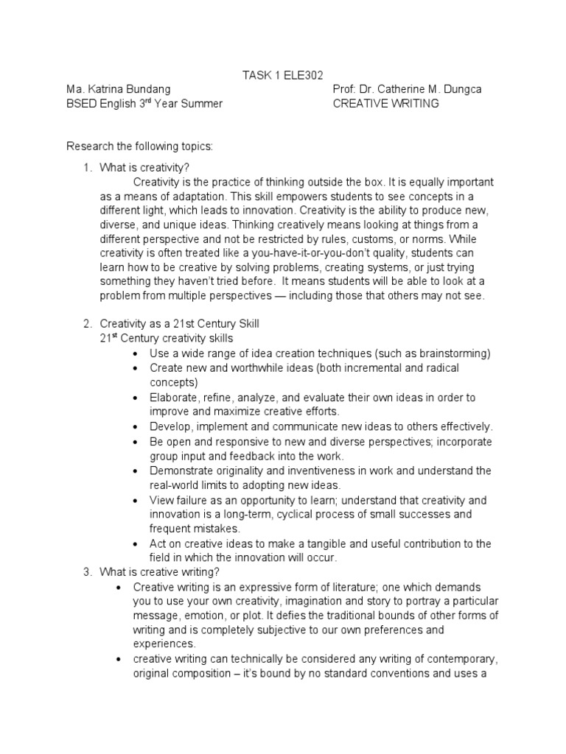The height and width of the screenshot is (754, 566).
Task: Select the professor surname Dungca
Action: pos(459,89)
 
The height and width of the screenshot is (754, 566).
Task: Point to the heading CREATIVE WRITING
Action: pos(385,104)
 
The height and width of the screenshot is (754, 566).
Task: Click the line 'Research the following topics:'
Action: pos(139,146)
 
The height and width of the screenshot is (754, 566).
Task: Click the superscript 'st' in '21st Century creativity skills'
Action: pos(114,336)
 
